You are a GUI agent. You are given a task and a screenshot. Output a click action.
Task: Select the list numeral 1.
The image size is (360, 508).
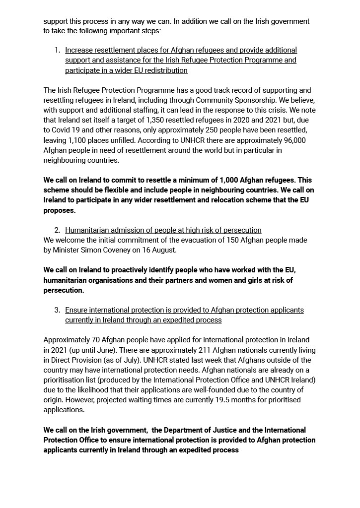click(x=57, y=50)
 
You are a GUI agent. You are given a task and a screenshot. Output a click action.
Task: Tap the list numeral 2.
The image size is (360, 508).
click(x=57, y=230)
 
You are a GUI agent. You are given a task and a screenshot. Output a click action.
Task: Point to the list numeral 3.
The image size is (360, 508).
click(x=57, y=310)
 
